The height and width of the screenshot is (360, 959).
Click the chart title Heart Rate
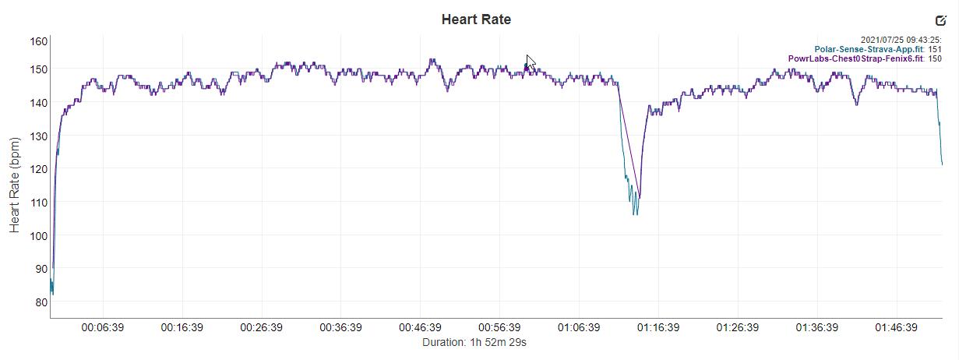coord(476,19)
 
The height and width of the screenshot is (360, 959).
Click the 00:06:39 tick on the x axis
coord(103,328)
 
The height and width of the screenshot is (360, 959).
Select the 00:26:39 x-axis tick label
coord(261,328)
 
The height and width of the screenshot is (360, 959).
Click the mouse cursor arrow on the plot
coord(531,62)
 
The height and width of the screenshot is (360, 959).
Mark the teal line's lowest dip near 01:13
coord(636,214)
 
